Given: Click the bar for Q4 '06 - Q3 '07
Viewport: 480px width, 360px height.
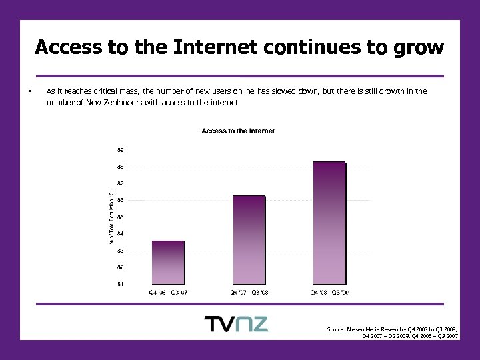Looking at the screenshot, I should [x=168, y=263].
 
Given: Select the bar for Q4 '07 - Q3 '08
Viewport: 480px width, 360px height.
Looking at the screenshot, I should [x=249, y=240].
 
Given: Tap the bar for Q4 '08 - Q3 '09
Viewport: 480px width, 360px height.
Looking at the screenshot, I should [x=329, y=223].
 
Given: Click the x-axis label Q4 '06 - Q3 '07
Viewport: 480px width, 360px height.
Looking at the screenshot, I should [x=168, y=292].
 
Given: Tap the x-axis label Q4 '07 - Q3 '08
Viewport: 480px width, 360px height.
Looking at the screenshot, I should [x=249, y=292].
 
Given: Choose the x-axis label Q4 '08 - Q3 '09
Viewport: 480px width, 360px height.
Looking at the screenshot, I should [x=329, y=292].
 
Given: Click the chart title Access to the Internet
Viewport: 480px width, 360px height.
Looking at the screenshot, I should [x=238, y=131].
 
